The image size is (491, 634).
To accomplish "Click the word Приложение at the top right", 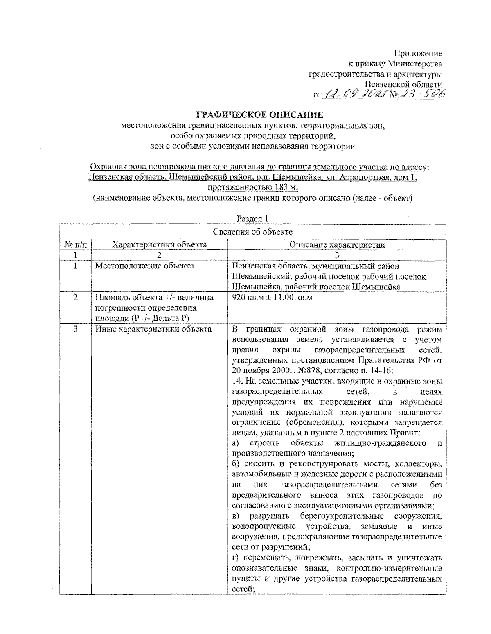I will (x=418, y=53).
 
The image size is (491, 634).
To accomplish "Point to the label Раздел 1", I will (x=252, y=219).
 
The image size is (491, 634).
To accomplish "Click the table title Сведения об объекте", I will (x=252, y=232).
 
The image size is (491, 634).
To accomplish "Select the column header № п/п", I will (x=75, y=245).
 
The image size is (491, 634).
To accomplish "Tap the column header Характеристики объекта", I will (x=159, y=245).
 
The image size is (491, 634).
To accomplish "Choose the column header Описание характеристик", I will (x=337, y=245).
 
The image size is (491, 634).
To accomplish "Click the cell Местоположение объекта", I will (x=144, y=266).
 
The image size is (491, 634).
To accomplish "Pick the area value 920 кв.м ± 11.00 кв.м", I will (x=272, y=298).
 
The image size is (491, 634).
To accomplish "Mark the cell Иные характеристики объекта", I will (x=153, y=329).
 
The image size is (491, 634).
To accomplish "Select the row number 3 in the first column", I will (x=75, y=329).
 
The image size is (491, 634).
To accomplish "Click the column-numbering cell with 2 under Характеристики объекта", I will (x=159, y=255).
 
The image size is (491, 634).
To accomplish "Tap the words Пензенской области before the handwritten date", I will (x=403, y=84).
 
